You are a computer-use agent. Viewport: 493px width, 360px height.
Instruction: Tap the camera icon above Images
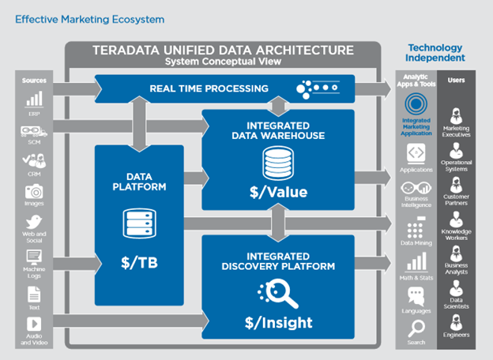click(34, 191)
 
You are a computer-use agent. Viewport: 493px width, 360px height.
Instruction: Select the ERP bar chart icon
click(34, 99)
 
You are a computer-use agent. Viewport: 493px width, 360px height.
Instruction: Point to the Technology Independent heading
click(435, 53)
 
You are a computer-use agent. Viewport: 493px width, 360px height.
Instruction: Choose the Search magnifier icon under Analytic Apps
click(416, 328)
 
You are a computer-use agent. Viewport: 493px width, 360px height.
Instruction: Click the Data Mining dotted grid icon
click(416, 229)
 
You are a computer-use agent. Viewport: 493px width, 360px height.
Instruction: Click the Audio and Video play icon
click(34, 324)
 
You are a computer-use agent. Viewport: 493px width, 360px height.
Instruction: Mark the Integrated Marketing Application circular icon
click(416, 103)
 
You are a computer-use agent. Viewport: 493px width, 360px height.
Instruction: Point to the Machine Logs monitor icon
click(34, 257)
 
